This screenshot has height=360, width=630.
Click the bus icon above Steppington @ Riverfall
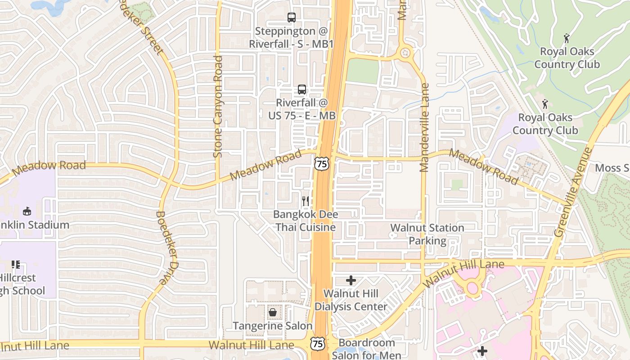[x=292, y=18]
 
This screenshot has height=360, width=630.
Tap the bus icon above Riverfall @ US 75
[x=301, y=89]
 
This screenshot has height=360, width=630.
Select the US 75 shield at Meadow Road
[x=322, y=164]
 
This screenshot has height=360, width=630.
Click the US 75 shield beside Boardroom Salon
[x=318, y=344]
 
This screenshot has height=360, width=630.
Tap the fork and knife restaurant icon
[x=306, y=201]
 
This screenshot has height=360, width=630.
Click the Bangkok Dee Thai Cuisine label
[x=306, y=220]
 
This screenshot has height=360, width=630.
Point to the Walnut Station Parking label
[x=427, y=234]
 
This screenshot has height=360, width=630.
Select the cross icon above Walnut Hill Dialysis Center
[x=351, y=281]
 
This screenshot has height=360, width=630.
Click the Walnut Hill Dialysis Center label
[x=351, y=300]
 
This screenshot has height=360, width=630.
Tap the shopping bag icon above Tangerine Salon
[x=273, y=312]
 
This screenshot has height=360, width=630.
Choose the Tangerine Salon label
[x=272, y=326]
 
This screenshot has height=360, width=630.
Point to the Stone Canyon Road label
[x=218, y=106]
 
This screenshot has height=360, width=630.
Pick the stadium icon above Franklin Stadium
[x=27, y=211]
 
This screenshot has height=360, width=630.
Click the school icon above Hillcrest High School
[x=16, y=264]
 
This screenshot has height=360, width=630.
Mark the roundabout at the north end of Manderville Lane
[x=405, y=53]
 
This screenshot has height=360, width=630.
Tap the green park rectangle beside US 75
[x=363, y=71]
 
